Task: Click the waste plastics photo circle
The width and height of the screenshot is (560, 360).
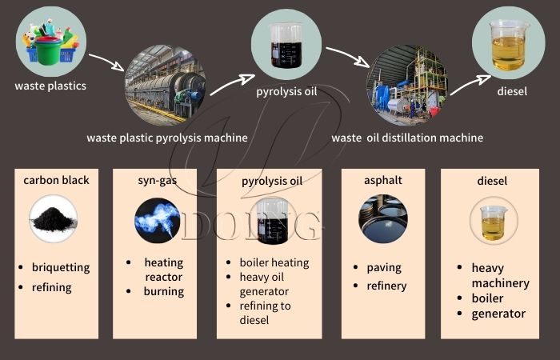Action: point(50,39)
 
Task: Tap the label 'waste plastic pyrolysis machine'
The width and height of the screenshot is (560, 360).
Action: point(167,138)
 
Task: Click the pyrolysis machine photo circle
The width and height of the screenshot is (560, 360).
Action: point(165,84)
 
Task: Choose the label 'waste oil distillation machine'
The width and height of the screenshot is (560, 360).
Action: point(407,138)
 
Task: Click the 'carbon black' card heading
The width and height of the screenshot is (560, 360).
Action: point(56,180)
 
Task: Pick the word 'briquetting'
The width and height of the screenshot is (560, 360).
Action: point(61,267)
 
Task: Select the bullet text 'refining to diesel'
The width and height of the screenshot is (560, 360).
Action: point(265,313)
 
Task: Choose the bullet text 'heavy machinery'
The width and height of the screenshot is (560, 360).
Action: point(499,277)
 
